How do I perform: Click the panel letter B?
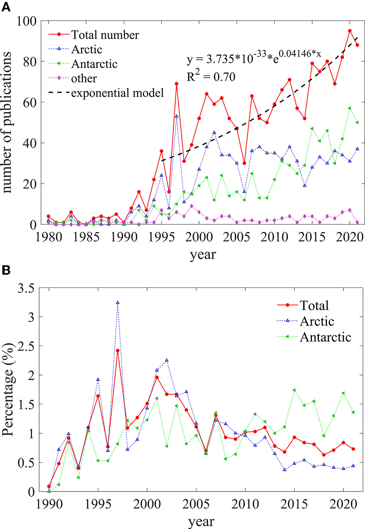pyautogui.click(x=6, y=270)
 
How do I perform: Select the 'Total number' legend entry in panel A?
pyautogui.click(x=105, y=35)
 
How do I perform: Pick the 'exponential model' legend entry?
pyautogui.click(x=117, y=93)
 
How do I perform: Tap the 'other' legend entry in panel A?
pyautogui.click(x=84, y=79)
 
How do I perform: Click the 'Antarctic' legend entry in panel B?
pyautogui.click(x=325, y=337)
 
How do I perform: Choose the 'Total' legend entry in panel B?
pyautogui.click(x=314, y=305)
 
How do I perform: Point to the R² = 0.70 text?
pyautogui.click(x=211, y=77)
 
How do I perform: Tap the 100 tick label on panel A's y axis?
pyautogui.click(x=27, y=21)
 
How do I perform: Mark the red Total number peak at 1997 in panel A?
pyautogui.click(x=176, y=84)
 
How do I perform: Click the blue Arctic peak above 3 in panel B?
pyautogui.click(x=117, y=302)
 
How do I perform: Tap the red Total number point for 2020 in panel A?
pyautogui.click(x=349, y=30)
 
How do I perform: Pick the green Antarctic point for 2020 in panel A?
pyautogui.click(x=349, y=108)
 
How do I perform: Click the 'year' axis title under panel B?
pyautogui.click(x=201, y=522)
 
